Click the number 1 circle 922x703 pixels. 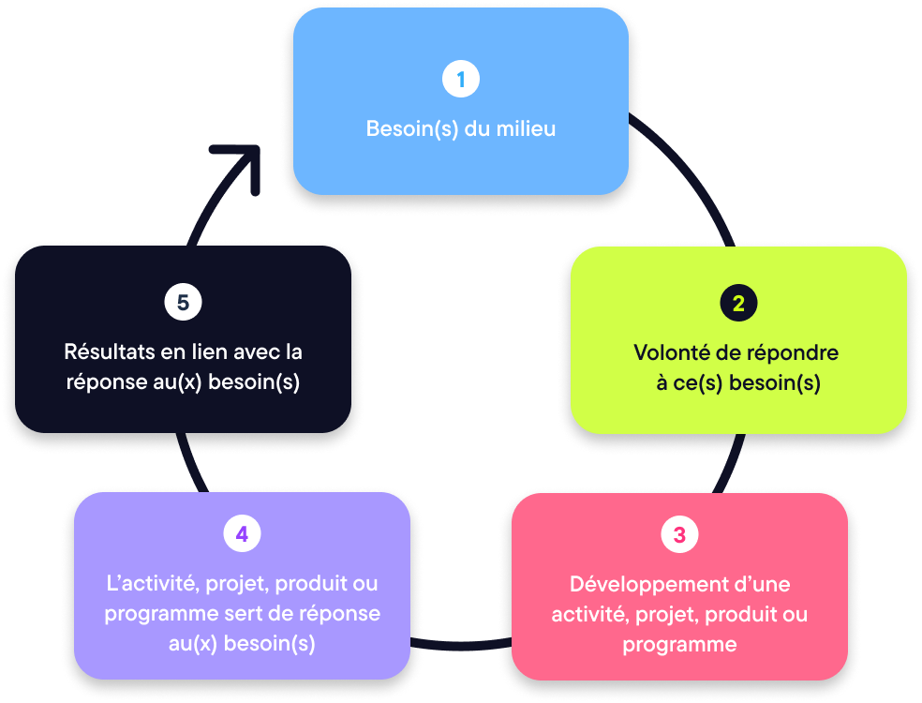[460, 80]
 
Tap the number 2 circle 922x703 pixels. [738, 304]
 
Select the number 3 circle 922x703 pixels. [679, 535]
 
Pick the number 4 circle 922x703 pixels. [242, 534]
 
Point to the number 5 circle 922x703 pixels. [183, 303]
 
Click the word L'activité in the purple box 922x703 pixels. [152, 583]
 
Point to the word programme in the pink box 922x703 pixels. [679, 646]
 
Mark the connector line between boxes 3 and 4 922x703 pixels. [461, 646]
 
